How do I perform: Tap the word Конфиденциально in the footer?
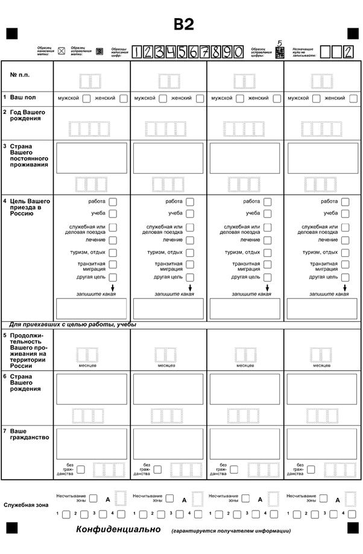click(118, 529)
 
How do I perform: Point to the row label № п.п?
click(20, 75)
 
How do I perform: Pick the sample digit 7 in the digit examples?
click(206, 52)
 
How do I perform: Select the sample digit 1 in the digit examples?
click(137, 52)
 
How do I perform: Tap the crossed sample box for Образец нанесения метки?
click(61, 51)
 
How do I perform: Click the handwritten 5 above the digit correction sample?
click(279, 43)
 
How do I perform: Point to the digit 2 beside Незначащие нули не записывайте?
click(347, 52)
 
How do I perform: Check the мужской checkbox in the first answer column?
click(87, 98)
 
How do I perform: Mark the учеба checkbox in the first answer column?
click(113, 213)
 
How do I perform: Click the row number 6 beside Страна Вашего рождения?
click(4, 376)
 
